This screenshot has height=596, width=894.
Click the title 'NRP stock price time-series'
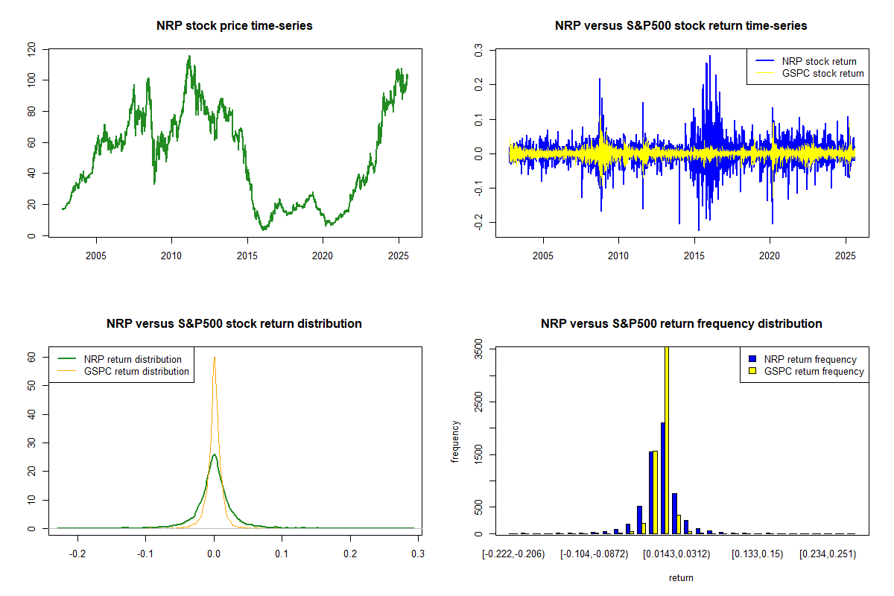pos(235,26)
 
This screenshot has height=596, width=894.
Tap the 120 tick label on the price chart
pos(31,49)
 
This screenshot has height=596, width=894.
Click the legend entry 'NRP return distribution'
pos(133,360)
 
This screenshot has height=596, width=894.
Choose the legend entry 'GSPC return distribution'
pos(136,372)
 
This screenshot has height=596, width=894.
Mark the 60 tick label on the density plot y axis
pos(31,357)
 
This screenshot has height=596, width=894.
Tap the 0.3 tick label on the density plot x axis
pos(418,554)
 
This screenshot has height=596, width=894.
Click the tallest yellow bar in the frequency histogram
pos(666,440)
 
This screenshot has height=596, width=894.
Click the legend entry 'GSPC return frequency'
pos(814,372)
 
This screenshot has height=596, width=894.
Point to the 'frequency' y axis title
pos(455,441)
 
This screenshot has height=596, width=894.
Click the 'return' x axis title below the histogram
pos(681,578)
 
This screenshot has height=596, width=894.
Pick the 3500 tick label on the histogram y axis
pos(478,348)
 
